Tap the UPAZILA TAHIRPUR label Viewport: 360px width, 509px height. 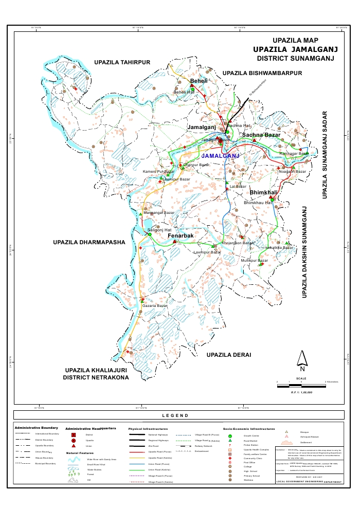pyautogui.click(x=122, y=62)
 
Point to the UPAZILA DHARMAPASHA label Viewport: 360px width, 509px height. pyautogui.click(x=89, y=241)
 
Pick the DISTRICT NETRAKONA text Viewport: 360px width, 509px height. pyautogui.click(x=96, y=377)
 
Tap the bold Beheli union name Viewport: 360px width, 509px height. pyautogui.click(x=199, y=82)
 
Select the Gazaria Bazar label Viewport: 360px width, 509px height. pyautogui.click(x=155, y=306)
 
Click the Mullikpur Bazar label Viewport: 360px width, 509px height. pyautogui.click(x=255, y=261)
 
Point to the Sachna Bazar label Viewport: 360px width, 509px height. pyautogui.click(x=261, y=135)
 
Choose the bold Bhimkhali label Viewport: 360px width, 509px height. pyautogui.click(x=264, y=192)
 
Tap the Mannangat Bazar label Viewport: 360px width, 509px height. pyautogui.click(x=159, y=212)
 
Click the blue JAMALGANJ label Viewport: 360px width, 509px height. pyautogui.click(x=221, y=155)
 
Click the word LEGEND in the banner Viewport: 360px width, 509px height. pyautogui.click(x=175, y=415)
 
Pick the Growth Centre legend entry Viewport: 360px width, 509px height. pyautogui.click(x=251, y=435)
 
